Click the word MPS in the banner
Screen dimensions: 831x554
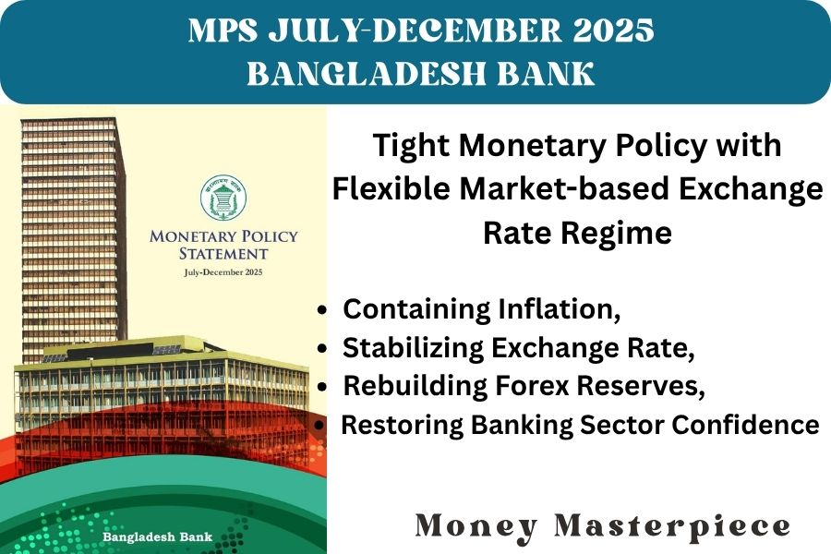[x=223, y=30]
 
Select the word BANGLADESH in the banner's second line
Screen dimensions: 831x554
[x=367, y=73]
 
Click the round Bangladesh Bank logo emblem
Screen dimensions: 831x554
[x=223, y=198]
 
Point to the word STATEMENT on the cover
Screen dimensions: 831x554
[x=223, y=254]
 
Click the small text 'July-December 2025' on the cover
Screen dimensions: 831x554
[x=223, y=272]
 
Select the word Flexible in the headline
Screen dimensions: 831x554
[x=391, y=189]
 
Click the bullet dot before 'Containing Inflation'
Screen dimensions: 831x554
[x=321, y=311]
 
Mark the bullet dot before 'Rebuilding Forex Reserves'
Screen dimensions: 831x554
[x=321, y=388]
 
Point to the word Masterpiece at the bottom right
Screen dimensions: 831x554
[x=672, y=527]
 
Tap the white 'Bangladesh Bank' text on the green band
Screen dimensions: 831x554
[x=157, y=537]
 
